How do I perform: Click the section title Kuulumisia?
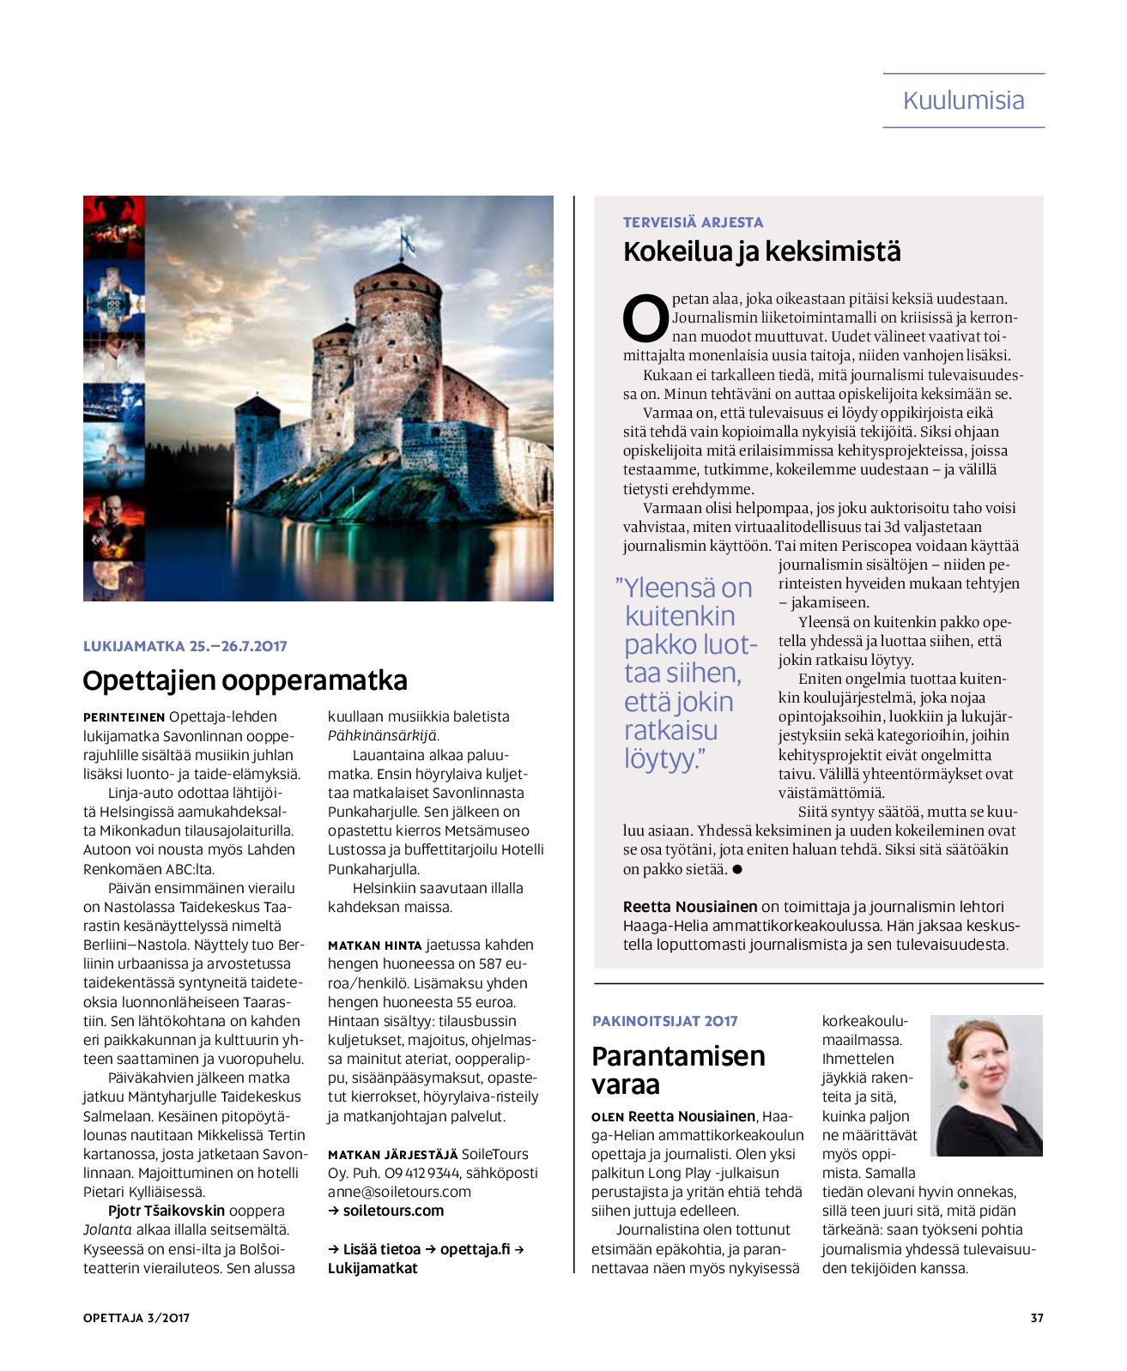963,100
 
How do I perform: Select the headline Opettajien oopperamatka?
245,680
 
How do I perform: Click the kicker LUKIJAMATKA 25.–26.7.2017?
185,646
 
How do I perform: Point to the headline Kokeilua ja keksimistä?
761,252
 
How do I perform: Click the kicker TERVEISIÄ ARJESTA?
693,222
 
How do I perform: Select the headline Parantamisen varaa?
677,1070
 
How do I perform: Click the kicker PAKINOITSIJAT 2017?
664,1021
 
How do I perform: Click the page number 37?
1037,1318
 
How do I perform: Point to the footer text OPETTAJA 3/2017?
136,1318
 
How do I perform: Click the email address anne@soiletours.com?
399,1192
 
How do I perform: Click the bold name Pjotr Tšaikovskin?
166,1211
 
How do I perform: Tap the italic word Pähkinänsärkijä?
383,735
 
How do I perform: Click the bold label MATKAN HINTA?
374,945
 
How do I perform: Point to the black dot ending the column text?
736,869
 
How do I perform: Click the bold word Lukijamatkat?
373,1268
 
